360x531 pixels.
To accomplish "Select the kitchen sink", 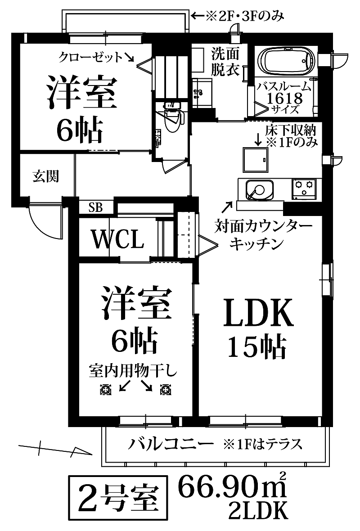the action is [x=259, y=189].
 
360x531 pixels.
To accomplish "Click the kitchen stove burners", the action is [x=304, y=189].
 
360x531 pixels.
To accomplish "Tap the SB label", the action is [x=96, y=207].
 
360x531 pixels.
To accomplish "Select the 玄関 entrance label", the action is [x=46, y=176].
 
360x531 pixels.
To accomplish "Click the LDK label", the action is [x=258, y=312].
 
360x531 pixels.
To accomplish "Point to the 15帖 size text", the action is [x=257, y=347].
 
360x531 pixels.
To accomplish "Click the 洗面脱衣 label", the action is [x=225, y=62].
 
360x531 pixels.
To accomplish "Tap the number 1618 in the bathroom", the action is [x=284, y=99].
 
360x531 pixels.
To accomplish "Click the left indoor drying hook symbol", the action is [x=106, y=390].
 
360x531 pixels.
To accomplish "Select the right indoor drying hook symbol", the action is [x=166, y=390].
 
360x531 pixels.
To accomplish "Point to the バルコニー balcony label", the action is [x=171, y=444].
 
